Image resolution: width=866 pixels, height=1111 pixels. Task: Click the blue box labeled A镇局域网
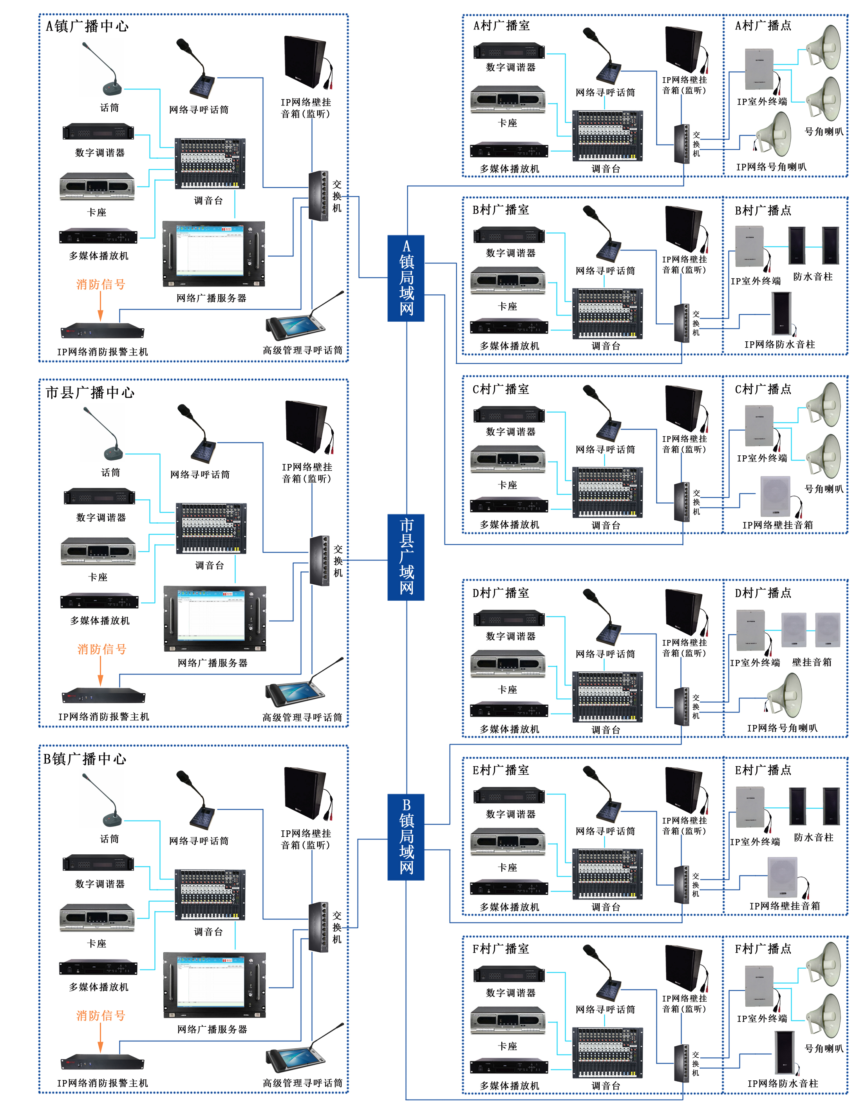(405, 278)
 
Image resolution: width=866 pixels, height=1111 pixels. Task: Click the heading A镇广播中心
(87, 26)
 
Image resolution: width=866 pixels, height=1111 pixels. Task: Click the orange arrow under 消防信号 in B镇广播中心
(100, 1037)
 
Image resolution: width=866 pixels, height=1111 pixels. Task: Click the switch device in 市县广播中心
(319, 560)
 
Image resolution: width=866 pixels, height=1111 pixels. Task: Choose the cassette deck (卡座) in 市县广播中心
(98, 551)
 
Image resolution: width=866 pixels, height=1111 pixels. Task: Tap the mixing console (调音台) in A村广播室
(607, 135)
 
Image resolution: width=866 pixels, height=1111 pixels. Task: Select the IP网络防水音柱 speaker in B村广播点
(781, 312)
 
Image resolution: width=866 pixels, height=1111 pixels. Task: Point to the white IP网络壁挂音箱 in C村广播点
(776, 495)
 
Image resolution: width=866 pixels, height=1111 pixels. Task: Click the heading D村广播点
(763, 593)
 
